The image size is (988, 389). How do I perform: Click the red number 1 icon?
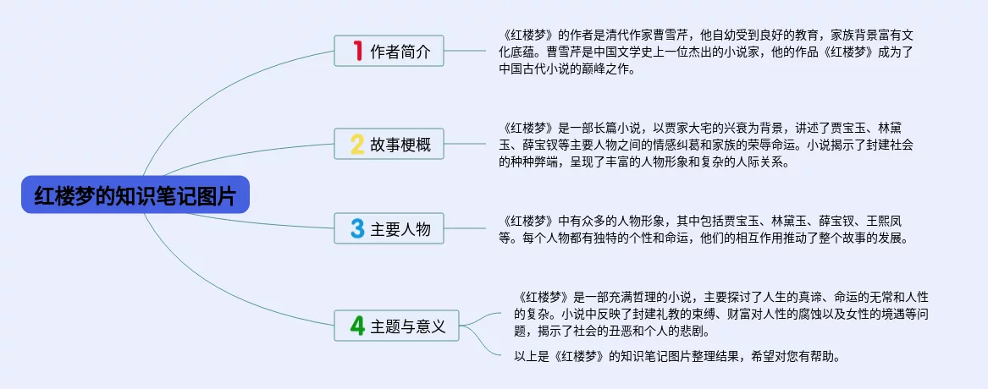[357, 52]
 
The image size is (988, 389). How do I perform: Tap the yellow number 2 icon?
[357, 145]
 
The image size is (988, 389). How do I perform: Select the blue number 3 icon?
[357, 228]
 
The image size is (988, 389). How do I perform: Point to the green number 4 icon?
[357, 326]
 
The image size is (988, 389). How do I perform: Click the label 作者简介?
[400, 52]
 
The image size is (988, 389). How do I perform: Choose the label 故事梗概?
[400, 145]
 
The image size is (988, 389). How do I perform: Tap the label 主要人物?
[400, 229]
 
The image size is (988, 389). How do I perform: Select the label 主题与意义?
[408, 326]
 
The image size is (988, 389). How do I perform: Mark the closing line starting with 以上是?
[677, 356]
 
